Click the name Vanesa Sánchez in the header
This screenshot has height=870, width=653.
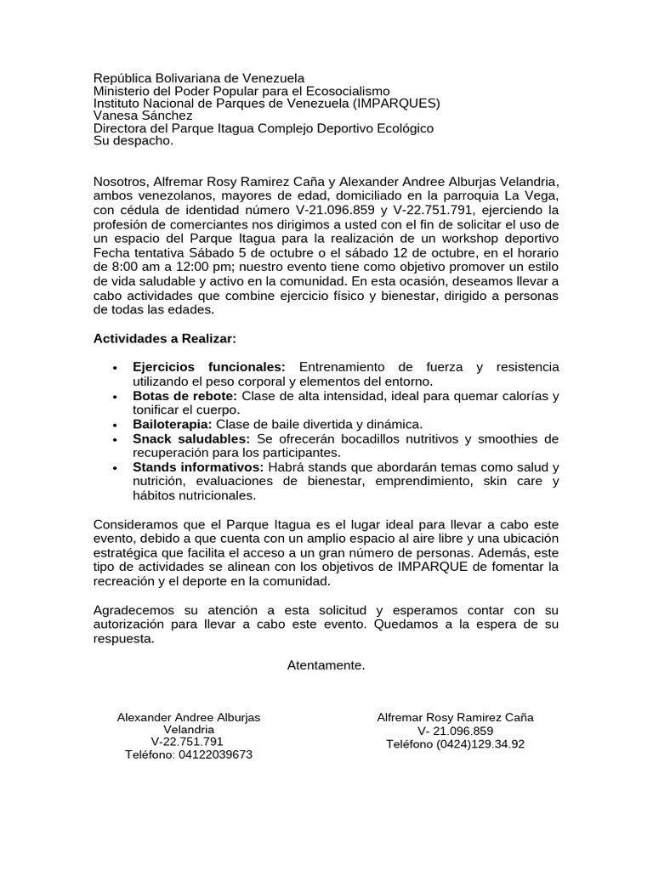click(143, 116)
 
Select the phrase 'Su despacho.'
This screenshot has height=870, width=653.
click(133, 141)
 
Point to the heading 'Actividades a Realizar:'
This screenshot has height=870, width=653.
click(165, 338)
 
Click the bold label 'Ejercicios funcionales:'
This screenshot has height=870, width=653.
click(209, 366)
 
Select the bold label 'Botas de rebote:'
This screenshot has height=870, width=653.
click(185, 396)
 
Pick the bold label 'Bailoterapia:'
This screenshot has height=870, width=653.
click(173, 424)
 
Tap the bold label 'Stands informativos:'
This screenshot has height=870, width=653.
click(197, 467)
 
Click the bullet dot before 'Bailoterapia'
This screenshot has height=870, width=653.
click(114, 425)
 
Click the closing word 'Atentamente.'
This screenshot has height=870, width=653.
click(326, 664)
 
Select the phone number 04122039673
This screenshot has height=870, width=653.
click(215, 754)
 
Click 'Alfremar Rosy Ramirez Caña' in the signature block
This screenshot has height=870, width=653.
click(455, 717)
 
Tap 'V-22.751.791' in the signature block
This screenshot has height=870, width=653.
click(188, 742)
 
